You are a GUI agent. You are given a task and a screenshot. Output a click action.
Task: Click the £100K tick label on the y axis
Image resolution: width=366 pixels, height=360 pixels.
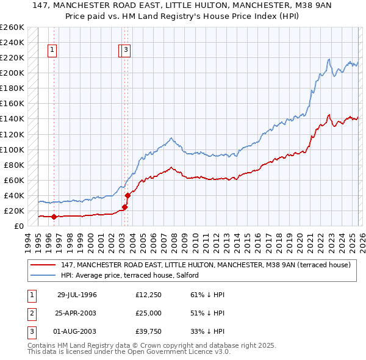[x=12, y=149]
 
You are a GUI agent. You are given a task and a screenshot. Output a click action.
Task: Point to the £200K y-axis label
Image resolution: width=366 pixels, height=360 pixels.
[x=12, y=73]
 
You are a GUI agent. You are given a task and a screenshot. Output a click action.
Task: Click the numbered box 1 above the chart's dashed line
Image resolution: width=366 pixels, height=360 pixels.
[x=52, y=51]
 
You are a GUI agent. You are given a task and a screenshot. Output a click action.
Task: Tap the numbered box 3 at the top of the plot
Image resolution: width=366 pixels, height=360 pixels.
[x=126, y=51]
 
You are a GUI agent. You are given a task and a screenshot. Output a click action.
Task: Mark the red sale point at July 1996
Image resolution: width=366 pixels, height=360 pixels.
[x=54, y=216]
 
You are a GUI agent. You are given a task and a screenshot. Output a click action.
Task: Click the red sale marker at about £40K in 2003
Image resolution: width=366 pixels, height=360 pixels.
[x=128, y=195]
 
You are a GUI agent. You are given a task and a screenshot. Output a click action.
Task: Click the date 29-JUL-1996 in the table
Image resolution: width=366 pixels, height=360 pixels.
[x=77, y=295]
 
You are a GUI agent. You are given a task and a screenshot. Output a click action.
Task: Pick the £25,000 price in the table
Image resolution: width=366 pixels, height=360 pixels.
[x=149, y=313]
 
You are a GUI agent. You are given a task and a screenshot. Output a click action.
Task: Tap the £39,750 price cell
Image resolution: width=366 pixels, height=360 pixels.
[x=149, y=331]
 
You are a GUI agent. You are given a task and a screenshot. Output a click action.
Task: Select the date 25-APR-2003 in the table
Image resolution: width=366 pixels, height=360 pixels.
[x=77, y=313]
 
